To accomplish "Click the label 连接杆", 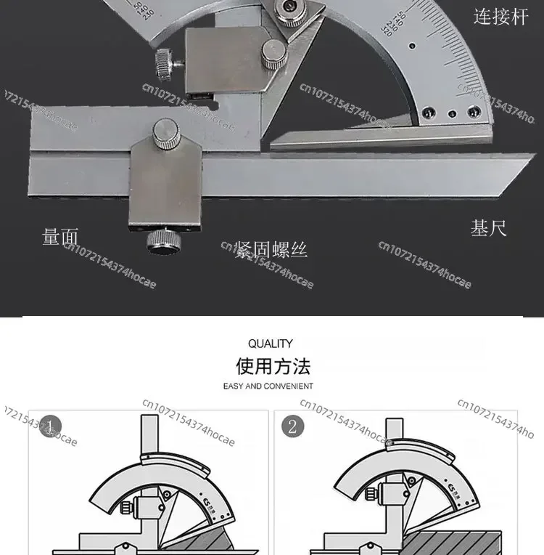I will (x=501, y=16).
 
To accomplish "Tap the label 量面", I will (x=60, y=237).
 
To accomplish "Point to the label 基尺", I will (x=488, y=228).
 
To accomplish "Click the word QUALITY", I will (x=271, y=344).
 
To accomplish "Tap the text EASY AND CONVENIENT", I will (x=268, y=386).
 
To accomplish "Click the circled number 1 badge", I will (x=50, y=426).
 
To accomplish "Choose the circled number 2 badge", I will (x=292, y=426).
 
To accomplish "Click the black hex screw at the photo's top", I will (x=289, y=9).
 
